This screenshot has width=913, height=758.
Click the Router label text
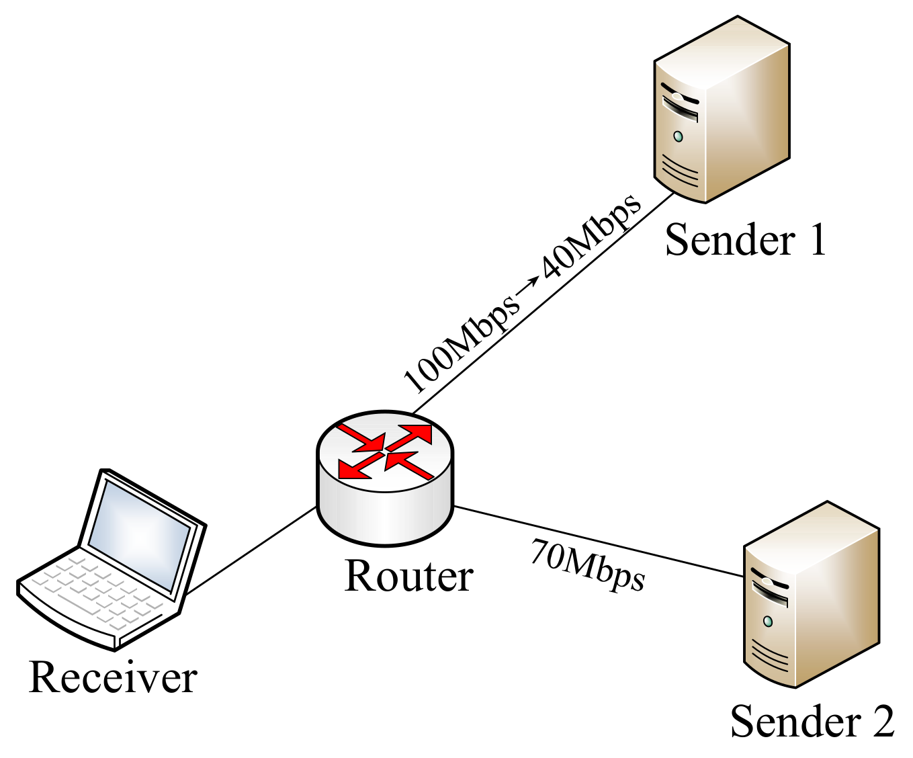[x=408, y=576]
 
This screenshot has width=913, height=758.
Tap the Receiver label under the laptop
[x=113, y=677]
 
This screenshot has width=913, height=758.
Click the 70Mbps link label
[x=587, y=566]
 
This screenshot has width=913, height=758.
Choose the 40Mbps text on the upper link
[x=591, y=237]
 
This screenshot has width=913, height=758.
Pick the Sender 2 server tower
[x=810, y=595]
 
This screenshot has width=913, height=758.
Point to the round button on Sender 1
[x=678, y=136]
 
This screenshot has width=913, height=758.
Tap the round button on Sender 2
[x=767, y=621]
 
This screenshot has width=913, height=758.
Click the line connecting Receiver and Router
[x=252, y=550]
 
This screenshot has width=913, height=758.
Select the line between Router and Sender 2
[x=598, y=541]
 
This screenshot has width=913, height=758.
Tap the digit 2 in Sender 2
[x=881, y=721]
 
